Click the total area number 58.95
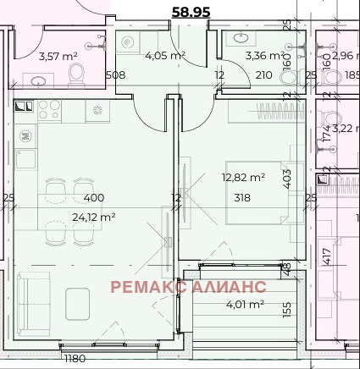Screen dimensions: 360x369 [x=191, y=12]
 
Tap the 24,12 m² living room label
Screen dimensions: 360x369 [x=94, y=218]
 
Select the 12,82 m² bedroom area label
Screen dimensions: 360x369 [x=243, y=178]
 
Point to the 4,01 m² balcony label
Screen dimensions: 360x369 [x=246, y=304]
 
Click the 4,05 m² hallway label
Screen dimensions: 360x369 [x=165, y=55]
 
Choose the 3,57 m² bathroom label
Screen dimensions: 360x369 [x=58, y=57]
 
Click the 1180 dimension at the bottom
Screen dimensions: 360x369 [x=75, y=359]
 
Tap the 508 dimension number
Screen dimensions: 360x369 [x=116, y=75]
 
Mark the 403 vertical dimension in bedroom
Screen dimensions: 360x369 [x=287, y=179]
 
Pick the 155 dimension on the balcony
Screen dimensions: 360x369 [x=286, y=310]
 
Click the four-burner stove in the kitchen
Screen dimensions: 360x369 [x=49, y=109]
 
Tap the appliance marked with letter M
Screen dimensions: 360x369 [x=25, y=136]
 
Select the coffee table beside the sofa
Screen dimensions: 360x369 [x=78, y=304]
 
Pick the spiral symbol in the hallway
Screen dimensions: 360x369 [x=127, y=42]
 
